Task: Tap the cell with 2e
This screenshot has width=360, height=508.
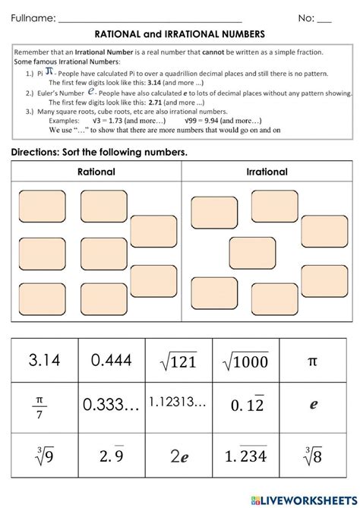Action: tap(178, 457)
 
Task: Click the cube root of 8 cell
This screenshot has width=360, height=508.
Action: tap(312, 457)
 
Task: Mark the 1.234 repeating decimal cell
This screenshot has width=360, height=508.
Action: tap(245, 457)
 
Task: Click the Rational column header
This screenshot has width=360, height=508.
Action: tap(96, 172)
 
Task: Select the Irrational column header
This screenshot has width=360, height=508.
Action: tap(267, 172)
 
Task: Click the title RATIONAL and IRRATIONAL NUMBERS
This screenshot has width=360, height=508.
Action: tap(179, 34)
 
